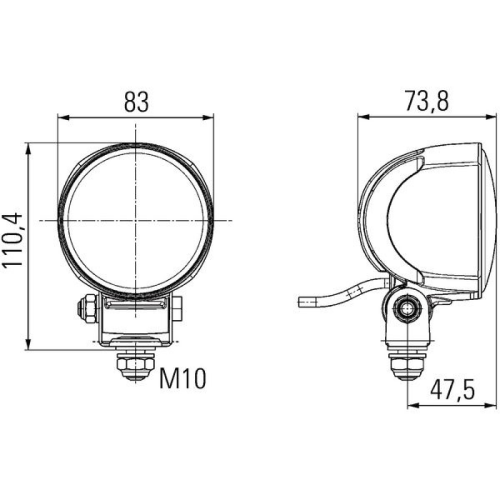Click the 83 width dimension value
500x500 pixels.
point(136,101)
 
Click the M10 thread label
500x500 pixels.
point(182,377)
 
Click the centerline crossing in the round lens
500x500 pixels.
point(135,220)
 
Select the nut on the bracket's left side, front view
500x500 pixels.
point(83,307)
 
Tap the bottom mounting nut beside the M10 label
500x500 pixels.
point(135,365)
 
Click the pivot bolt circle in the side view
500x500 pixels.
point(407,307)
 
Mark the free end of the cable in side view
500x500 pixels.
point(302,303)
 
